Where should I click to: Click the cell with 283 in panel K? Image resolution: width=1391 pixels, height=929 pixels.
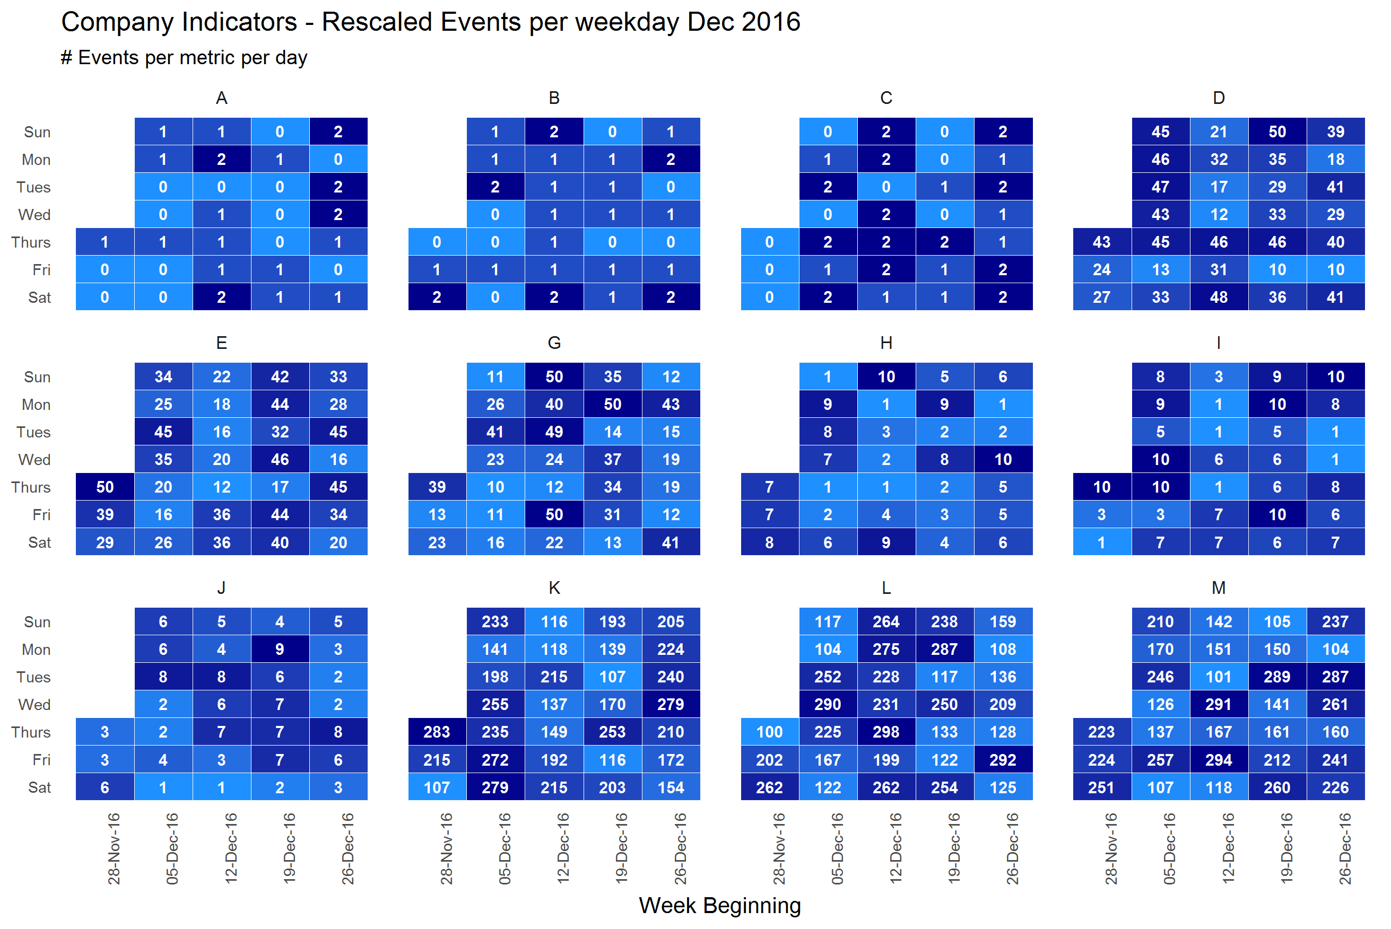click(x=437, y=732)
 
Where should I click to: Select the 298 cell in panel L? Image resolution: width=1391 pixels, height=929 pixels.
click(x=886, y=732)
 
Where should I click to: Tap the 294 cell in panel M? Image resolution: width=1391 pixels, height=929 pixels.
click(x=1219, y=760)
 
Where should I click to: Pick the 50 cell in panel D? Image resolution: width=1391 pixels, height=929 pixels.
click(x=1277, y=132)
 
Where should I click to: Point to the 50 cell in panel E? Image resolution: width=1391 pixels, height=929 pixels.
click(x=105, y=487)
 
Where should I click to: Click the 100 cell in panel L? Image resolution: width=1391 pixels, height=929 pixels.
click(x=769, y=732)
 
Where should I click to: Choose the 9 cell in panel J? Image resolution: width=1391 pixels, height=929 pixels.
click(x=280, y=650)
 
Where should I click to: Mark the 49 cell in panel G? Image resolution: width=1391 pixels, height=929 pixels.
click(x=554, y=432)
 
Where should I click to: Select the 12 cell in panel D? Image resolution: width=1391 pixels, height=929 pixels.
click(x=1219, y=214)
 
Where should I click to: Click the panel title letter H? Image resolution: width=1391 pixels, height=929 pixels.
click(x=886, y=343)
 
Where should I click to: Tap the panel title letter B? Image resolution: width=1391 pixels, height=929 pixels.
click(x=554, y=98)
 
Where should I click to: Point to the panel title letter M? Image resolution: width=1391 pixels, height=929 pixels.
click(x=1219, y=588)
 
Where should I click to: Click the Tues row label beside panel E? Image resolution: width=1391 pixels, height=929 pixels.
click(x=33, y=432)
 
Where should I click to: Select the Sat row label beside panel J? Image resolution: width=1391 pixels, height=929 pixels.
click(x=39, y=787)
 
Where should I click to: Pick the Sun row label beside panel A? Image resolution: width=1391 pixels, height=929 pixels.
click(x=37, y=132)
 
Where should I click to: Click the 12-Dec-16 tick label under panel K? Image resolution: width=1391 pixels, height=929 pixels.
click(x=563, y=848)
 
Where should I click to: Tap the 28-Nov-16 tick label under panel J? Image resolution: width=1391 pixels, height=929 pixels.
click(x=114, y=848)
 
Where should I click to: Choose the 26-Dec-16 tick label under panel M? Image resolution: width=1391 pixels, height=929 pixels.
click(x=1345, y=848)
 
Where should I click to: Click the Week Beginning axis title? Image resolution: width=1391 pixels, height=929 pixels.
click(x=719, y=905)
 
